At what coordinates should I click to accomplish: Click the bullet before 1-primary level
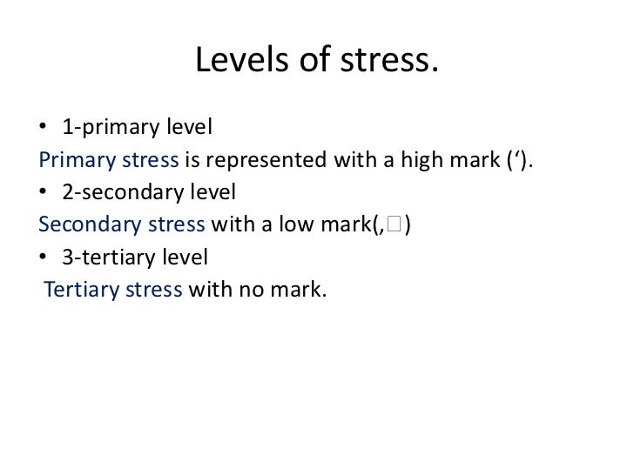[x=43, y=129]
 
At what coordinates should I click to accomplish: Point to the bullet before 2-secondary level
[x=43, y=191]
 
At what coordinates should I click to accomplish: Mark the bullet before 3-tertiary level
[x=43, y=258]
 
